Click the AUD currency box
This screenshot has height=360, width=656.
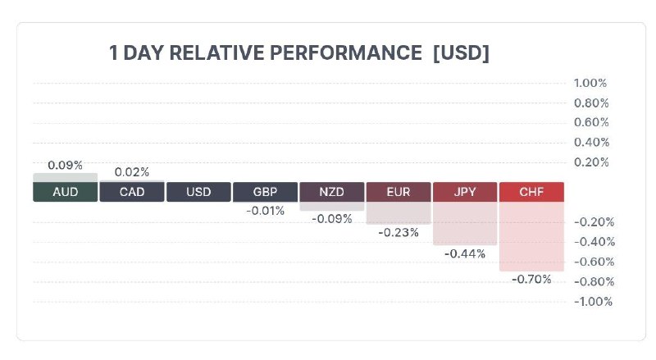click(66, 192)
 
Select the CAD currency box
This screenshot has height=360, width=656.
click(132, 192)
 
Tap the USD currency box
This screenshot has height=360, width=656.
click(198, 192)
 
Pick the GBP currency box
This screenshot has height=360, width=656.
click(265, 192)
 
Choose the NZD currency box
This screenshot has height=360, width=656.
click(332, 192)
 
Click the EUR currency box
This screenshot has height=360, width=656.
click(399, 192)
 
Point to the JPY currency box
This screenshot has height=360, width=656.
click(465, 192)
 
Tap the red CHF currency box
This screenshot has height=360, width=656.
click(531, 192)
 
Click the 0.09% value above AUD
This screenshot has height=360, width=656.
click(66, 166)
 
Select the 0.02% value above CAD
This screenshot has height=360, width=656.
click(132, 172)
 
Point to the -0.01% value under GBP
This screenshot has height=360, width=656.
click(265, 211)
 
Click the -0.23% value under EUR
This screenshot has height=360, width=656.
click(399, 232)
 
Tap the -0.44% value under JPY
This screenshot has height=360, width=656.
click(465, 253)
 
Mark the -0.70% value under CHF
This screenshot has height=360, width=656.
click(531, 279)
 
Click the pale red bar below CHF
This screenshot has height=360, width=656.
click(531, 236)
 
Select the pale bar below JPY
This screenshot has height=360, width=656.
click(465, 223)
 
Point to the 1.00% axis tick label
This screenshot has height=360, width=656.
click(590, 83)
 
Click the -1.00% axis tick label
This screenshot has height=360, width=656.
click(593, 302)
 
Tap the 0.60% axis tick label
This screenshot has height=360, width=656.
click(591, 122)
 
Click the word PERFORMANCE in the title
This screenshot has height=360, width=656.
click(345, 52)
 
